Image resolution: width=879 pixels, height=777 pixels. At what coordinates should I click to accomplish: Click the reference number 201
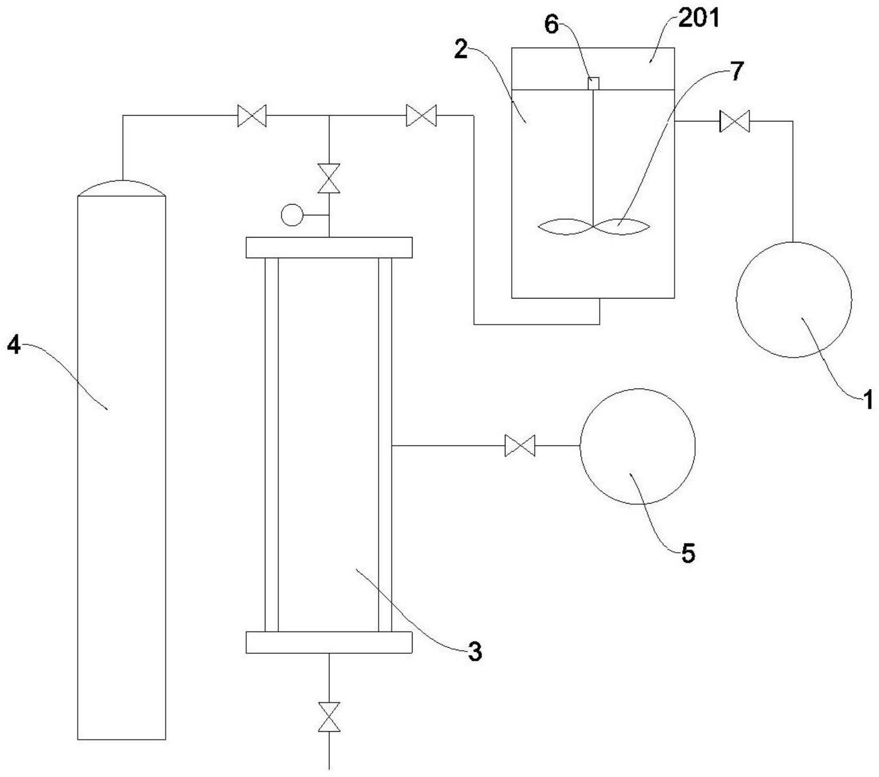[x=699, y=19]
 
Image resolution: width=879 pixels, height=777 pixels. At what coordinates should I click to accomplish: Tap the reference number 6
[x=552, y=25]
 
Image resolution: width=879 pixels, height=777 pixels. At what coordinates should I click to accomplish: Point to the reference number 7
[x=736, y=72]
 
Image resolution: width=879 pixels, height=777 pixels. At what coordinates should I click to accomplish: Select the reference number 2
[x=461, y=50]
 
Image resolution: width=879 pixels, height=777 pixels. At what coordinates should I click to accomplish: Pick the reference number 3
[x=474, y=652]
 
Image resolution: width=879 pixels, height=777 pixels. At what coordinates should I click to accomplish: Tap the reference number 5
[x=688, y=553]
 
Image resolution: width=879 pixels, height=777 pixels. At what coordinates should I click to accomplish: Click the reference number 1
[x=868, y=399]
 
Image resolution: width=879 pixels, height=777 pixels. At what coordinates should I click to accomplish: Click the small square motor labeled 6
[x=593, y=84]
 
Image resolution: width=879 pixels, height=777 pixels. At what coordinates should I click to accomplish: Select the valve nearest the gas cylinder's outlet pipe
[x=252, y=116]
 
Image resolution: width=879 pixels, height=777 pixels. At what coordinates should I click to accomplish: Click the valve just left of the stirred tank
[x=421, y=116]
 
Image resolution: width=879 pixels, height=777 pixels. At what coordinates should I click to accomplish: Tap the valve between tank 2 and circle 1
[x=734, y=121]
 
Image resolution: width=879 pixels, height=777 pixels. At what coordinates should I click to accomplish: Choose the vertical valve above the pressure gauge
[x=329, y=179]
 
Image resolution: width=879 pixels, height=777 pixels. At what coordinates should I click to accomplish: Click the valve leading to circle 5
[x=520, y=446]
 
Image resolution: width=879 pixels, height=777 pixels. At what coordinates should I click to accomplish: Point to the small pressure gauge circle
[x=292, y=215]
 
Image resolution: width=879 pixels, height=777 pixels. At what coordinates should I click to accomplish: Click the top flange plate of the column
[x=329, y=247]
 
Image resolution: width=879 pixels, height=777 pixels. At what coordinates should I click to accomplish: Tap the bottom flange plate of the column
[x=329, y=643]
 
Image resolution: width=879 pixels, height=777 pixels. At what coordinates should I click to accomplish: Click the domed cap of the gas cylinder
[x=122, y=189]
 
